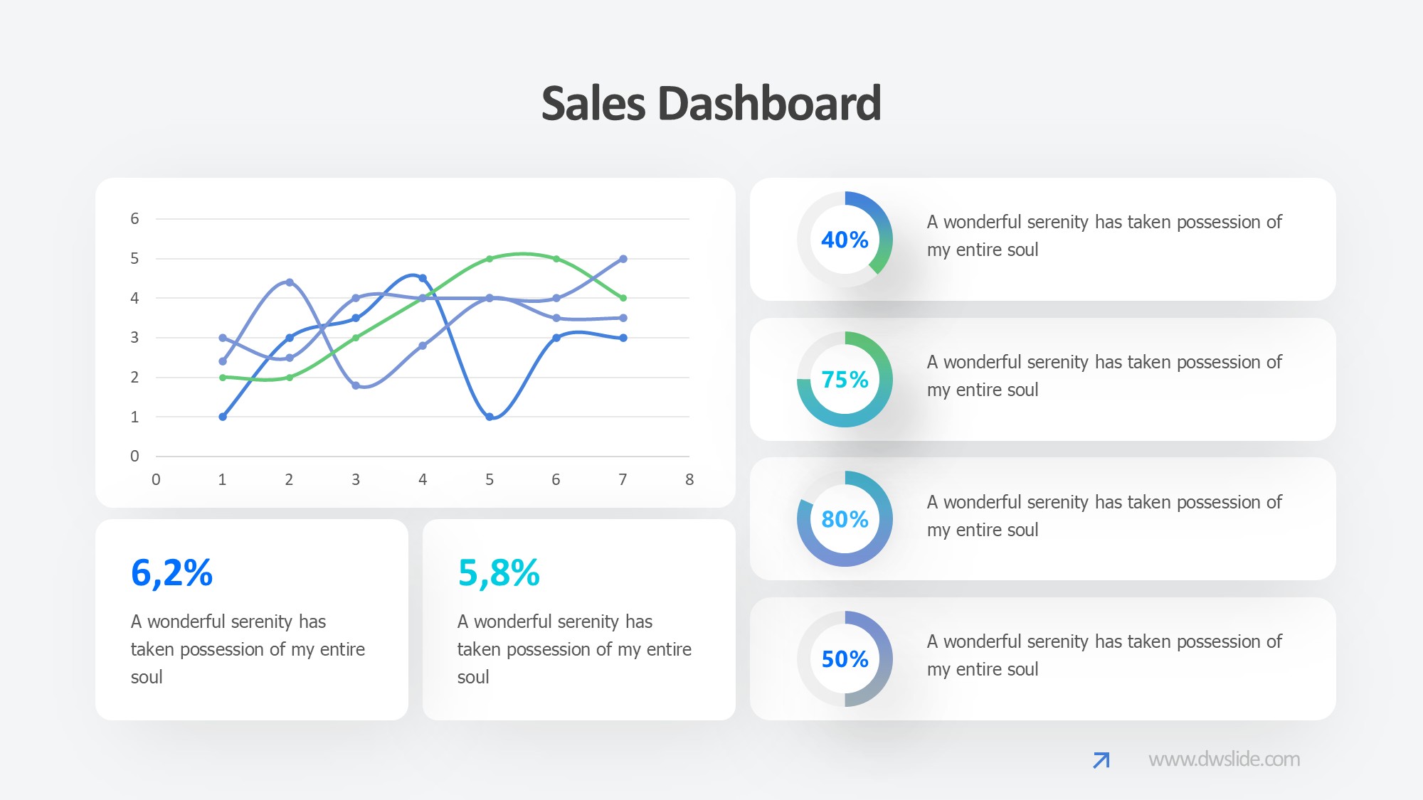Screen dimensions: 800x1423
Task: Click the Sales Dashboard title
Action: (711, 104)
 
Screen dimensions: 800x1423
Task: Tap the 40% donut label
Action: (845, 240)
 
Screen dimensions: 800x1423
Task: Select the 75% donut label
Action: (845, 380)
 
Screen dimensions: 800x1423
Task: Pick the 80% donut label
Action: (845, 519)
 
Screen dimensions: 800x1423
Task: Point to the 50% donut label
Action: (845, 659)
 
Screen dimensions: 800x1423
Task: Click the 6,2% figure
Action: (171, 573)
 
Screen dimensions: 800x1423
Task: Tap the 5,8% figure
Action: (499, 573)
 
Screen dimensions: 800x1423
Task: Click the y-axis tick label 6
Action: (134, 219)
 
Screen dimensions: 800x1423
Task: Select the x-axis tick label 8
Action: (689, 480)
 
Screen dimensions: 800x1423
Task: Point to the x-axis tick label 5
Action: (490, 480)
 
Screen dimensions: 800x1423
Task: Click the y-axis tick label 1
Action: (134, 417)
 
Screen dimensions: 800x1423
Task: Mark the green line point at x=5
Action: (490, 259)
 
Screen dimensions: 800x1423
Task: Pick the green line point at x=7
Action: (623, 298)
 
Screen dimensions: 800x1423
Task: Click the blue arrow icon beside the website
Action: (1101, 760)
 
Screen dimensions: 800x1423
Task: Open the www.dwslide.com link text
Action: (1224, 759)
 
